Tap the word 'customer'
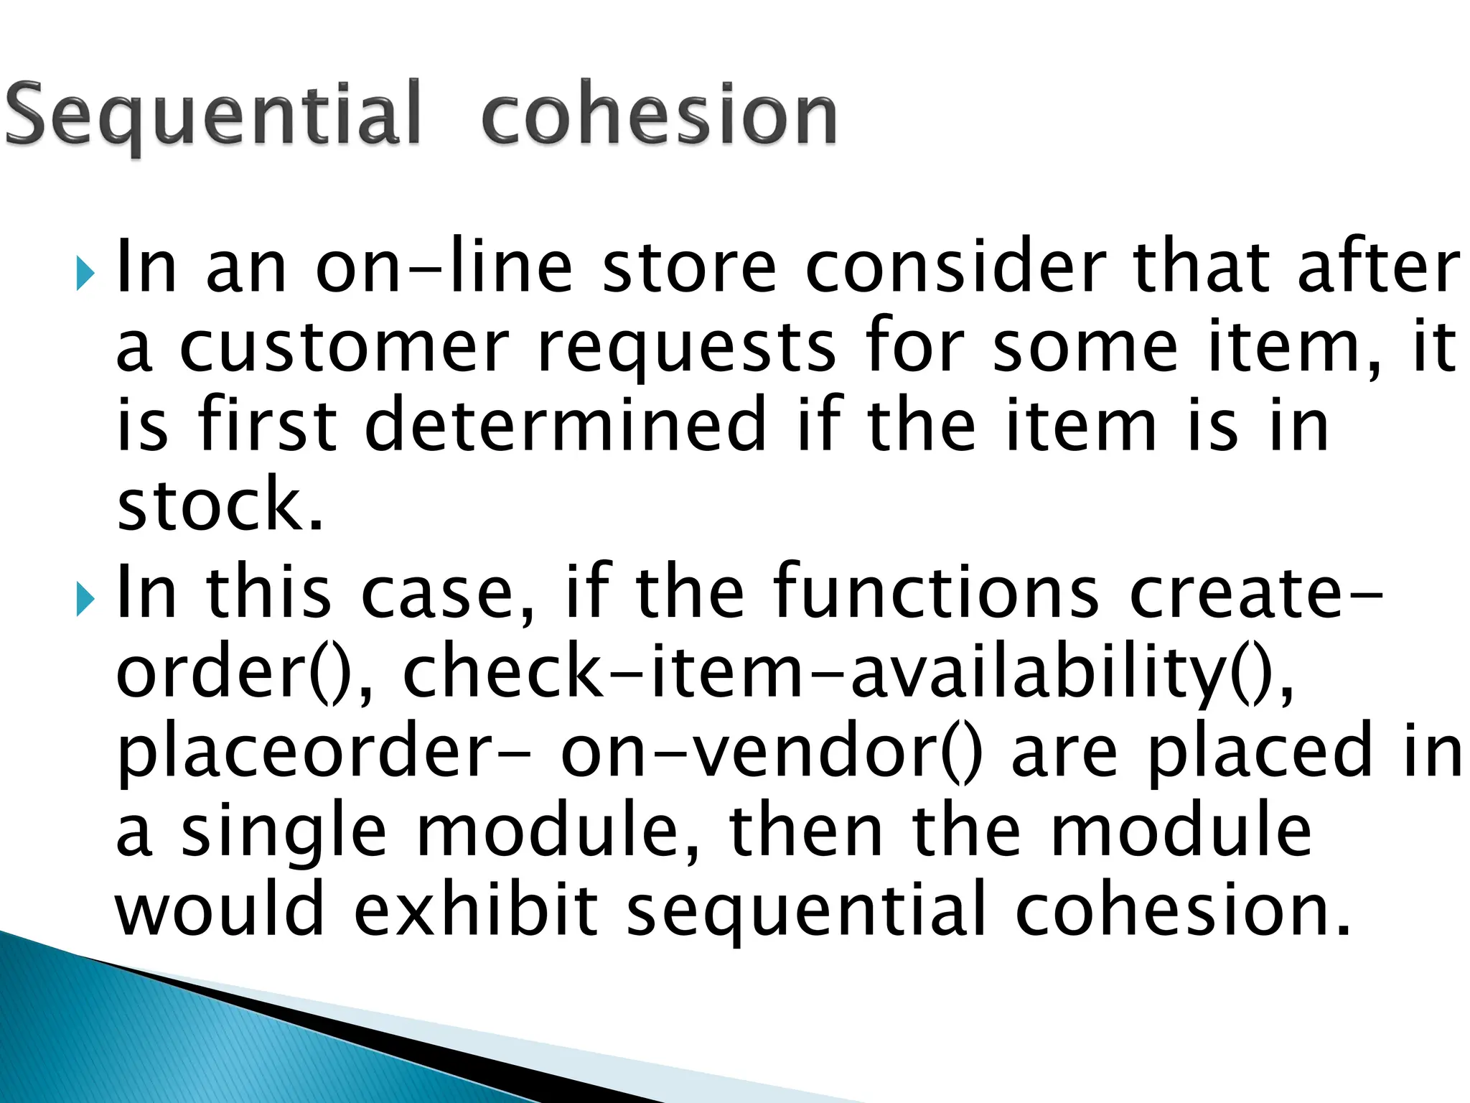(344, 348)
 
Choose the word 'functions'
(935, 592)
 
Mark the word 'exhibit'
(477, 911)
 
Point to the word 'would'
(220, 911)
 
